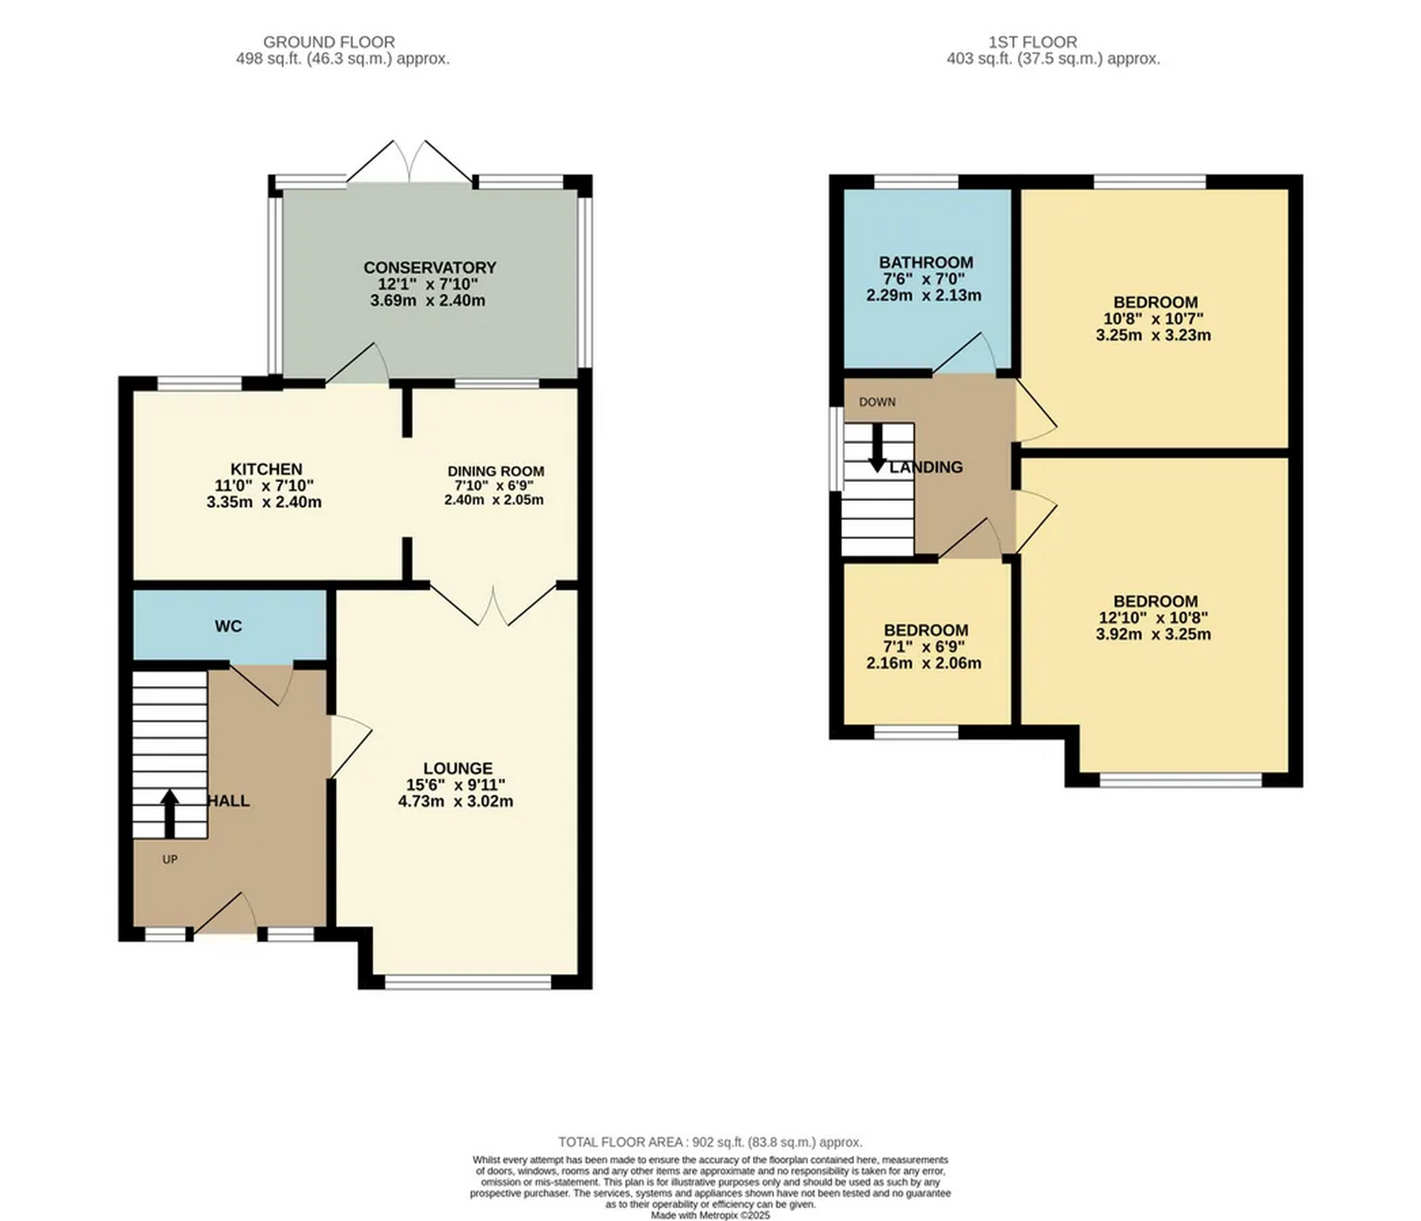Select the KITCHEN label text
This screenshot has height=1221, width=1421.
pyautogui.click(x=266, y=469)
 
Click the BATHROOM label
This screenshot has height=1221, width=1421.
pyautogui.click(x=926, y=263)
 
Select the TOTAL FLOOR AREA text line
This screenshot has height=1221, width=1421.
pyautogui.click(x=710, y=1142)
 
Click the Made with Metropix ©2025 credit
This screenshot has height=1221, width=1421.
pyautogui.click(x=710, y=1216)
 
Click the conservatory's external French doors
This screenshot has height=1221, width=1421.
pyautogui.click(x=409, y=164)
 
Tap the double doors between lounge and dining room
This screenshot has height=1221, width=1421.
pyautogui.click(x=492, y=605)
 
